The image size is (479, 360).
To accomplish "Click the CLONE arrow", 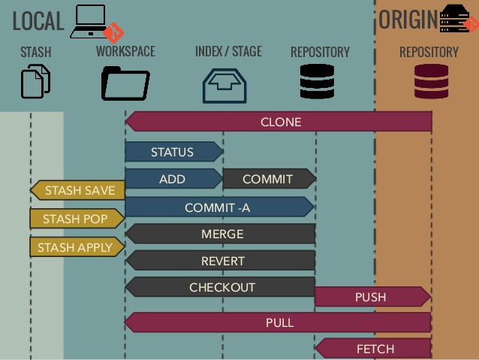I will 279,122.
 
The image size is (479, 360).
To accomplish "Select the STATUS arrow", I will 173,152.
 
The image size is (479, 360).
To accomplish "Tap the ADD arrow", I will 173,180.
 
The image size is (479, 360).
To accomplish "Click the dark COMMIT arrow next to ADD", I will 268,180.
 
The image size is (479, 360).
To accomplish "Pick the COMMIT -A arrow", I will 218,207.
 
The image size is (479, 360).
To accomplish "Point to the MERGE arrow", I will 221,234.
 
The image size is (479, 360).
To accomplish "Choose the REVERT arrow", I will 221,261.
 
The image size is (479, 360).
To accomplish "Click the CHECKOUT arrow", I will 221,287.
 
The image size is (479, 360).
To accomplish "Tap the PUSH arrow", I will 372,297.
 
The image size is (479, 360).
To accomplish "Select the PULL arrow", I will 279,322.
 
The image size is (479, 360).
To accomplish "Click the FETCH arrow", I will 373,349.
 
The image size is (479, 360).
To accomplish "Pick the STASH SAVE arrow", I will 78,191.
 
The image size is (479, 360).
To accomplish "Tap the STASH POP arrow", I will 75,219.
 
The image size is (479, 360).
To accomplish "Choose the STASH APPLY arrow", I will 75,247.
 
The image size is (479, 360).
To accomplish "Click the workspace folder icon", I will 125,83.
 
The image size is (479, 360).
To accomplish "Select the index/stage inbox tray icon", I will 224,85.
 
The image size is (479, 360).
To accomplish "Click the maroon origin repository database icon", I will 431,82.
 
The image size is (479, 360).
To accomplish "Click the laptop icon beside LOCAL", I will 89,21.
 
